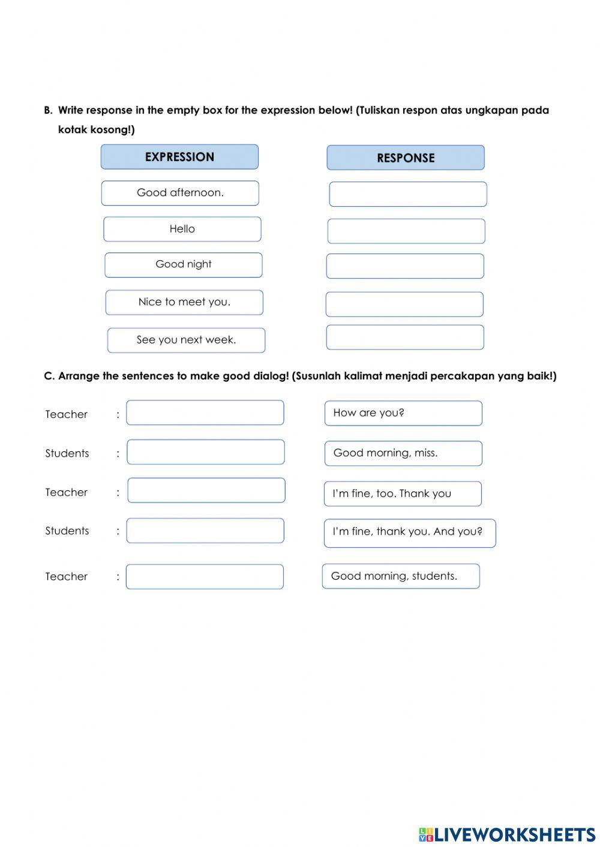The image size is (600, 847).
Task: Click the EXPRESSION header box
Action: coord(179,157)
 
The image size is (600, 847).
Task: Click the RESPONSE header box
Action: coord(406,158)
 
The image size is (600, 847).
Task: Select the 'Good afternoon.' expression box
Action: coord(180,193)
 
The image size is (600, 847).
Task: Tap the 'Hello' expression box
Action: coord(182,229)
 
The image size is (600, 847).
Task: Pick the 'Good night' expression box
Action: coord(183,265)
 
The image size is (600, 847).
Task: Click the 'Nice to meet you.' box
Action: coord(184,302)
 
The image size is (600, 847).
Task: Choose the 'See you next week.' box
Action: coord(186,340)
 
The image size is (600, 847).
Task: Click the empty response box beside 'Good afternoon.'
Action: coord(408,194)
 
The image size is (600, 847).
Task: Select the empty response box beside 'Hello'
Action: coord(406,231)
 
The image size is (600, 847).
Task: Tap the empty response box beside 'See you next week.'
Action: coord(405,337)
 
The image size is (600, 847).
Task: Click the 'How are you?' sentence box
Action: coord(403,413)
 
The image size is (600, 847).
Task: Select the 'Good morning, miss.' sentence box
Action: coord(403,453)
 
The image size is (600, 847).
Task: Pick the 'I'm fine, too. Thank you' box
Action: coord(403,493)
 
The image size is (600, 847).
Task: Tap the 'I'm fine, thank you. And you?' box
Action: coord(410,533)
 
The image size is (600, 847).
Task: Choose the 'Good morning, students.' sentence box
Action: coord(401,576)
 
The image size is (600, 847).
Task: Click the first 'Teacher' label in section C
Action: coord(66,414)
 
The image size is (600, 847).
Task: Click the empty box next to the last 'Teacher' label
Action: coord(205,577)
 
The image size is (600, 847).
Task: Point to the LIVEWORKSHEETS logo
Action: coord(506,834)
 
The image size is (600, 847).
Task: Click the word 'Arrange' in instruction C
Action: coord(80,376)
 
